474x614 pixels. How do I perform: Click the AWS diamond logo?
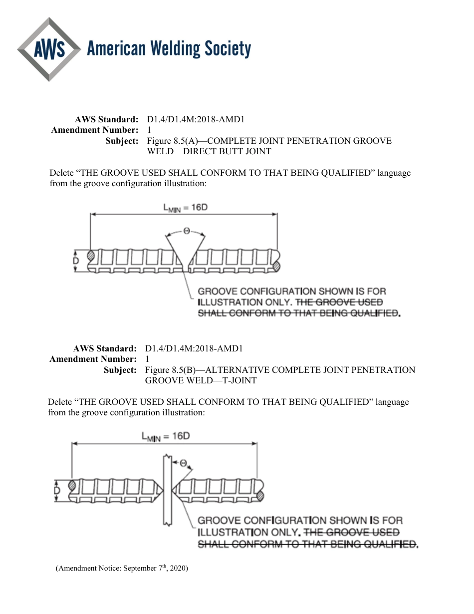point(48,49)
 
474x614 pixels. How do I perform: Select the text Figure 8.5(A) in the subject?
point(169,141)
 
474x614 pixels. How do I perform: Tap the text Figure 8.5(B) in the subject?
point(167,370)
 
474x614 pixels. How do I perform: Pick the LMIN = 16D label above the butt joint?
point(185,207)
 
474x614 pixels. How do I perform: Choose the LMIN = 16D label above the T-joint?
point(166,436)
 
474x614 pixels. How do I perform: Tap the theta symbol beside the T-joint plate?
point(183,463)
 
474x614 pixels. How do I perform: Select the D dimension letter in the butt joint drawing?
point(76,261)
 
